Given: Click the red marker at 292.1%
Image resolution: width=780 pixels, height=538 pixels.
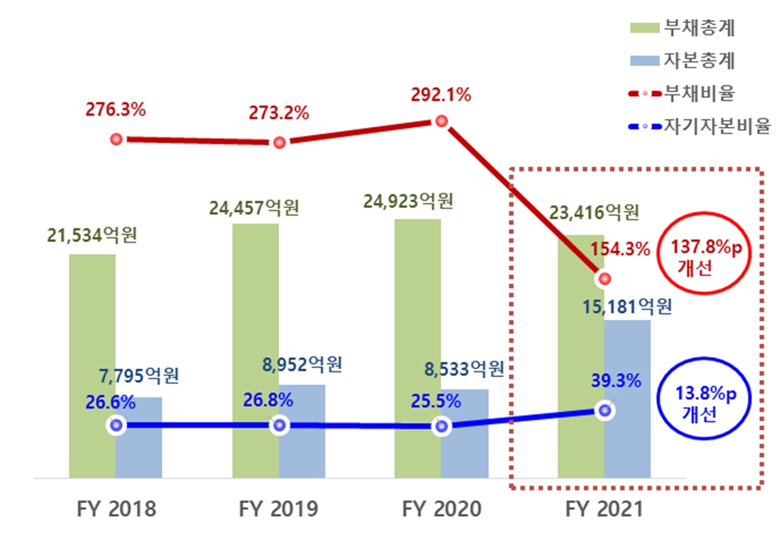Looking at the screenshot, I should click(x=441, y=121).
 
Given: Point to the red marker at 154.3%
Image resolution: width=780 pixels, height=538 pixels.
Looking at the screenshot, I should click(x=605, y=279).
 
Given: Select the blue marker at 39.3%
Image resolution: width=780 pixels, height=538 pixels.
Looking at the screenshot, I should click(x=605, y=410).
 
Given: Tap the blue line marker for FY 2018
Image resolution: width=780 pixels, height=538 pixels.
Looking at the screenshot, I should click(x=117, y=425).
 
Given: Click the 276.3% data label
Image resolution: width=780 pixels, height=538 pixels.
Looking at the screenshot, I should click(x=115, y=110).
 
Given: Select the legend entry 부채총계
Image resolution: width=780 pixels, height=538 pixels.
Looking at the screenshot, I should click(x=698, y=28).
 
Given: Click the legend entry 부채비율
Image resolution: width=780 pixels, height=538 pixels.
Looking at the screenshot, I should click(x=698, y=93).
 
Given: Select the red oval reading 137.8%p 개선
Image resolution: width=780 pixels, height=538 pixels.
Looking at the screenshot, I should click(x=705, y=256).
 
